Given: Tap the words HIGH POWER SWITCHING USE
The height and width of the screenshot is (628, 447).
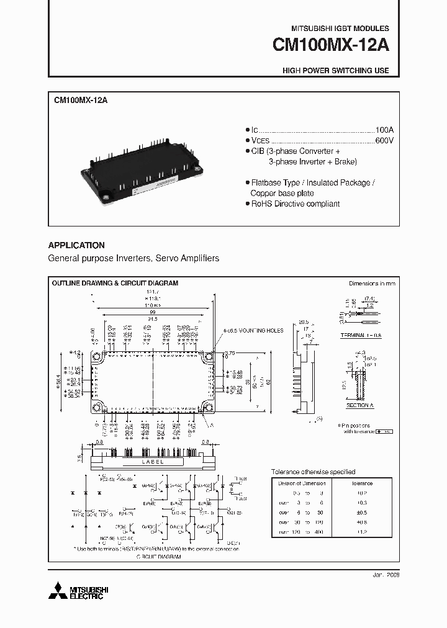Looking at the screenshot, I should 336,71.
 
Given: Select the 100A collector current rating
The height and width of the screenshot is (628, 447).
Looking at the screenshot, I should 384,130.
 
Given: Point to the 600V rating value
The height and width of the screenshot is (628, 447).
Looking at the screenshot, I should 384,141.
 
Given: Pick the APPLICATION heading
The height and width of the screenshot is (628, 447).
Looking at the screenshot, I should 76,245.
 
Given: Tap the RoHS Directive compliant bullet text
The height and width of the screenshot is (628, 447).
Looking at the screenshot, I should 295,204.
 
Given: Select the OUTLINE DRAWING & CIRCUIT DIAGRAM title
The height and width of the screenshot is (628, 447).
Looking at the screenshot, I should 115,283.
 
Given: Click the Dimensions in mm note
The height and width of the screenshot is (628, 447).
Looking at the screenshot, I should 372,283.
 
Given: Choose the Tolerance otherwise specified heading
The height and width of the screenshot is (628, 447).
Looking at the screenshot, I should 314,472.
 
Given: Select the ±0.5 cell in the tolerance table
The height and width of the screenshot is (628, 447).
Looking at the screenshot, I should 362,513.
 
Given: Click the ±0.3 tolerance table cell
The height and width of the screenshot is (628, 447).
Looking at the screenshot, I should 362,503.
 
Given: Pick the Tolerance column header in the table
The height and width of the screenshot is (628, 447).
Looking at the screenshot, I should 362,483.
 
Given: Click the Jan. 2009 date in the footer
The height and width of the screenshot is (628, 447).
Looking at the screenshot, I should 387,575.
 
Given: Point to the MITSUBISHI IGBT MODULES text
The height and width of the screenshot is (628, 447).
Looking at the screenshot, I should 340,29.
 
